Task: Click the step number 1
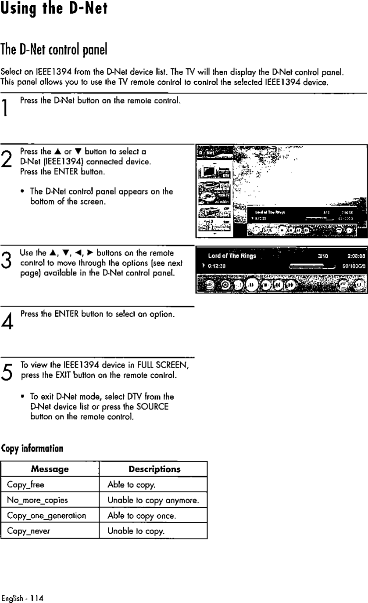6,108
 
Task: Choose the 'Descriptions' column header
154,469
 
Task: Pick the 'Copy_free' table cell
25,485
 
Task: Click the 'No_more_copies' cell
37,500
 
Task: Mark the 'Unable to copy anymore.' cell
154,500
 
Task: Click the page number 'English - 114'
22,598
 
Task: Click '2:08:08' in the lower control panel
356,256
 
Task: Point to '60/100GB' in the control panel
354,265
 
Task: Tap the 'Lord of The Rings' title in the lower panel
232,256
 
